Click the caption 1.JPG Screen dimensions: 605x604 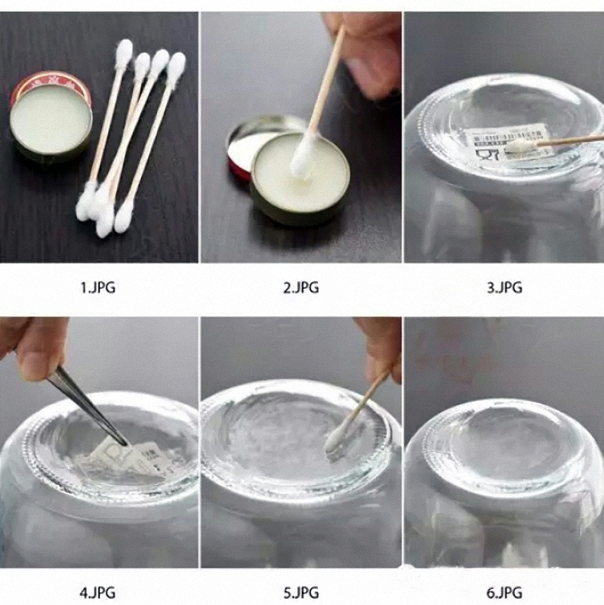[x=98, y=287]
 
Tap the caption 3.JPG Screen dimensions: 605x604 [x=504, y=287]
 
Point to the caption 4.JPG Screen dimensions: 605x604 [x=98, y=591]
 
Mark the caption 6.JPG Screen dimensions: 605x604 [x=504, y=591]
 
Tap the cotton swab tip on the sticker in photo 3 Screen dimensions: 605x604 [x=519, y=144]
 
